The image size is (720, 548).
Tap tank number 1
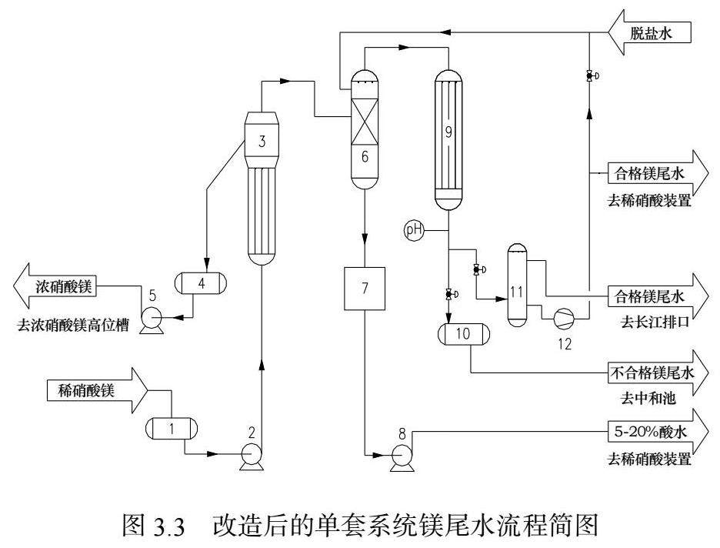[172, 428]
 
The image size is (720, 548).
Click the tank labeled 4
[202, 282]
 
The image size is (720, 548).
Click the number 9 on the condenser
[447, 132]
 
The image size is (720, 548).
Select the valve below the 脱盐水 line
[588, 76]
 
